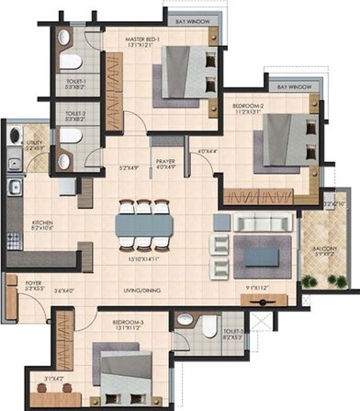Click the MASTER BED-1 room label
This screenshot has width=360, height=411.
click(x=144, y=40)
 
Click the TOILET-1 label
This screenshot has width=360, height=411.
click(x=74, y=81)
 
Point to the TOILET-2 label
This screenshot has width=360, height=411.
click(x=74, y=113)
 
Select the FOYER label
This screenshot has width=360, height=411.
click(x=20, y=283)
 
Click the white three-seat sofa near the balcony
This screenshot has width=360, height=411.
click(x=262, y=223)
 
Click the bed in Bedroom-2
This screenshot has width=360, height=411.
click(x=276, y=140)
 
